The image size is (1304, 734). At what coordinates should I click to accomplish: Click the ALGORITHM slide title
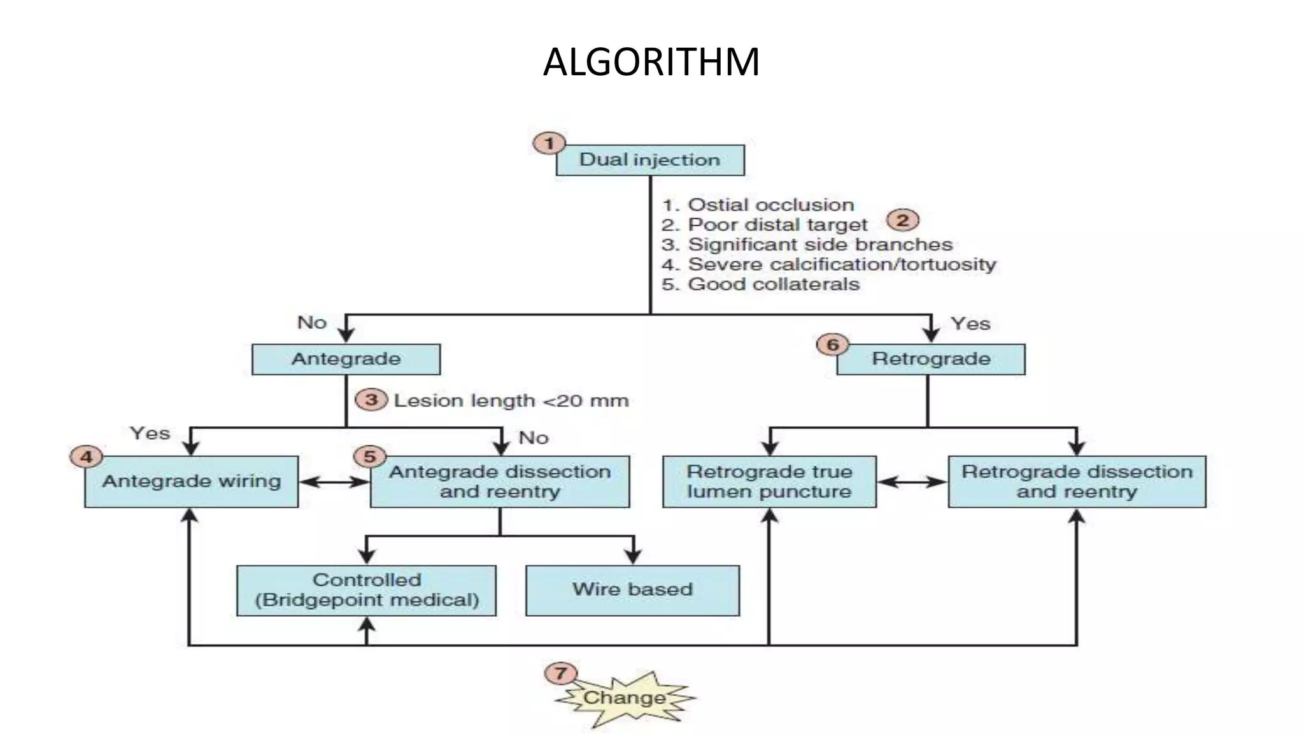pos(651,62)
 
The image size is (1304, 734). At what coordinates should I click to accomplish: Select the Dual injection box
pos(650,160)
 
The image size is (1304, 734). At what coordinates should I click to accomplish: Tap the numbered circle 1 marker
pos(549,143)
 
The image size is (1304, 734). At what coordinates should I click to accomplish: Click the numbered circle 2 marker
pos(902,220)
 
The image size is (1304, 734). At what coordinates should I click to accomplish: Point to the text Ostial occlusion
pos(770,205)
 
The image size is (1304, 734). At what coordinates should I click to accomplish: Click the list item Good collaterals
pos(773,284)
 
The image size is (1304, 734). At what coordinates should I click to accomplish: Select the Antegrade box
pos(346,359)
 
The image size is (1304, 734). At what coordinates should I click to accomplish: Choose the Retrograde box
pos(930,359)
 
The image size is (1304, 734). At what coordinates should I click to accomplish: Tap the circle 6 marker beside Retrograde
pos(832,345)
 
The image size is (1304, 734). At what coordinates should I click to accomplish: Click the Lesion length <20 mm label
pos(511,401)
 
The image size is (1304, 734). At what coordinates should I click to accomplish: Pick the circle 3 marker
pos(371,399)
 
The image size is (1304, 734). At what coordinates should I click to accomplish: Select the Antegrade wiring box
pos(191,482)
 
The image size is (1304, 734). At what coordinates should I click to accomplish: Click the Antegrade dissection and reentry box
pos(500,482)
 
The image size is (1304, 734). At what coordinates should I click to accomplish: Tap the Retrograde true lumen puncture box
pos(769,482)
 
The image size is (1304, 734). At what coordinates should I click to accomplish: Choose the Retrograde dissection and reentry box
pos(1077,482)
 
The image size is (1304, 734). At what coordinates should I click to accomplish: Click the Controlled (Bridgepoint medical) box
pos(366,590)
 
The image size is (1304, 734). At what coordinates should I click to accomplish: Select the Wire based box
pos(632,590)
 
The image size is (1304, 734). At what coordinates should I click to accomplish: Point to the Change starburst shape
pos(624,698)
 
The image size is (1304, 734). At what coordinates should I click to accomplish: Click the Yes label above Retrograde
pos(970,324)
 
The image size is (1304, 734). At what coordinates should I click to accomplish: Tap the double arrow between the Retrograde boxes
pos(912,482)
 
